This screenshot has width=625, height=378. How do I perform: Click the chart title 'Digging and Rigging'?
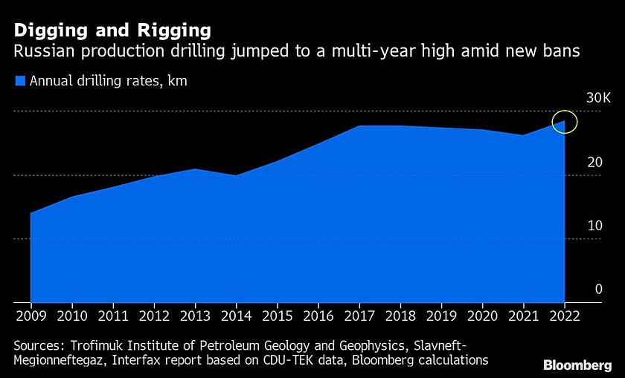pyautogui.click(x=112, y=30)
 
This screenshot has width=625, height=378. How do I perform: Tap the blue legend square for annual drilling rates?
pyautogui.click(x=20, y=81)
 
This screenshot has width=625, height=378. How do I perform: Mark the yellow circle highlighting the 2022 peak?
pyautogui.click(x=565, y=121)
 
